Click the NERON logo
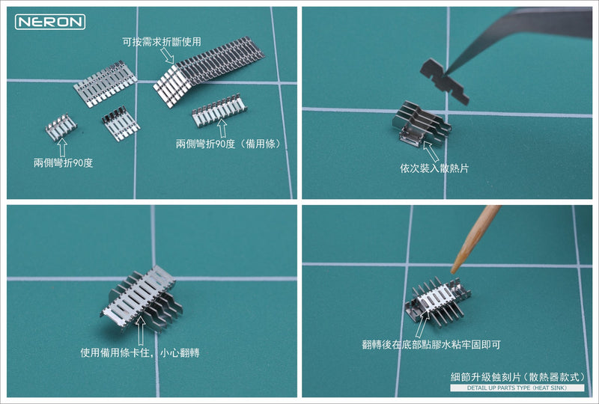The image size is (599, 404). (x=50, y=22)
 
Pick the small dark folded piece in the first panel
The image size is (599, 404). (x=121, y=123)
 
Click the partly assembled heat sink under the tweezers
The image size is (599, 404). (x=419, y=127)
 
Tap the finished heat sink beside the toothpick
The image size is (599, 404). (x=437, y=299)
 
